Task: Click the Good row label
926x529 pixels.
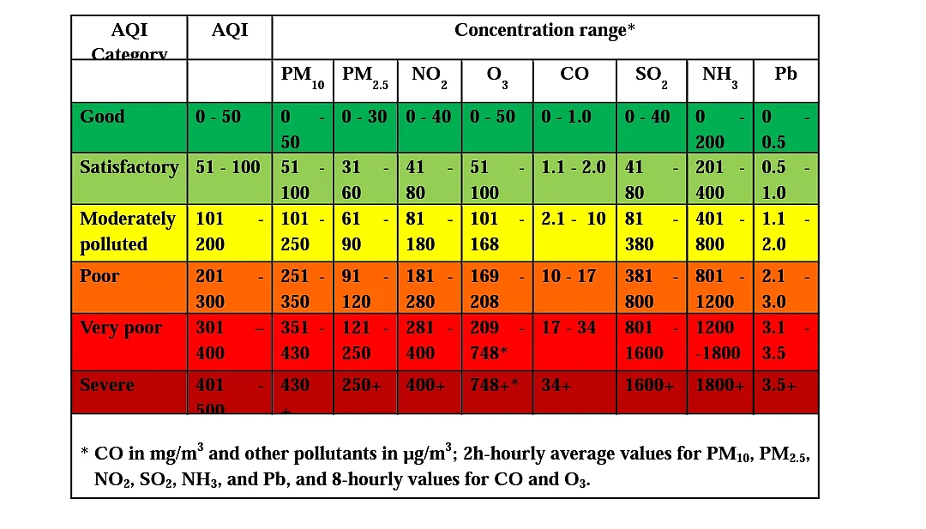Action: point(102,117)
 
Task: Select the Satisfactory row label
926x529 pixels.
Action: point(129,167)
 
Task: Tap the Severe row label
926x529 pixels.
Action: point(106,385)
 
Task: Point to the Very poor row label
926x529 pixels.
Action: point(121,328)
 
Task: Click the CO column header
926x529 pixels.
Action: point(574,74)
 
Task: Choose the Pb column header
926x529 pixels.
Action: point(785,74)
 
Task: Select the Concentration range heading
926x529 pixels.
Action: point(544,30)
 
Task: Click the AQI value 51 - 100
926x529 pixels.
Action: point(228,167)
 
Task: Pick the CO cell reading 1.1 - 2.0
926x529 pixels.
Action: point(574,167)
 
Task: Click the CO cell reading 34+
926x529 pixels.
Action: point(556,385)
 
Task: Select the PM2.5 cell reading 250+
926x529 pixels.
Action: point(362,385)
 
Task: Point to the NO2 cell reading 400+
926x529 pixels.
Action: point(426,385)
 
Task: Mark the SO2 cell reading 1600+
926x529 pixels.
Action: point(649,385)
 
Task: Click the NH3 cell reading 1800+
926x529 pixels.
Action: point(719,385)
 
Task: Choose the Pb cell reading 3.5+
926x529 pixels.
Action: point(779,385)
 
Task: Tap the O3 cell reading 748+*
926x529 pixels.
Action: point(495,385)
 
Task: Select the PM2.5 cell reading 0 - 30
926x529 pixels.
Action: point(364,117)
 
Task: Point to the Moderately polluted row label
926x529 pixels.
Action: point(127,231)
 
